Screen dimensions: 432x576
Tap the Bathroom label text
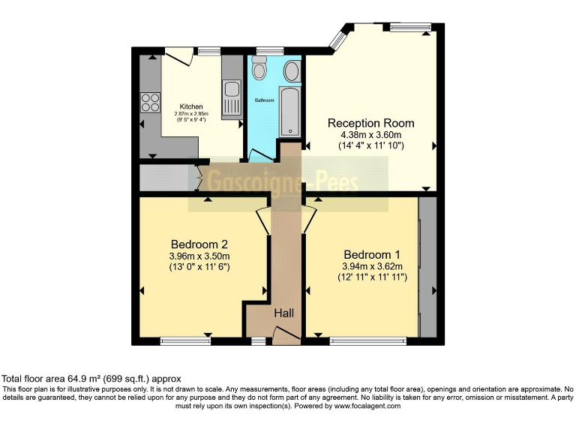pos(264,100)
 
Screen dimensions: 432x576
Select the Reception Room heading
pos(370,123)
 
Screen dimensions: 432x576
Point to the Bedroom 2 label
pos(199,244)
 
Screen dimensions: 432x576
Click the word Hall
pos(284,312)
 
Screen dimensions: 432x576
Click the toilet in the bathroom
pos(259,70)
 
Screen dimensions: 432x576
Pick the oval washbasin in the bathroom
pos(291,72)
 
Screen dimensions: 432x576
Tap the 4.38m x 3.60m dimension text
pos(370,135)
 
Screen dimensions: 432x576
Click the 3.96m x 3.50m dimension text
pos(199,256)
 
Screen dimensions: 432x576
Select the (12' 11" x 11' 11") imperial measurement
pos(371,277)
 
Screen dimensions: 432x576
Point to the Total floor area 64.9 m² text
pos(91,379)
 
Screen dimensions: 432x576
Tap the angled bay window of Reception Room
pos(340,36)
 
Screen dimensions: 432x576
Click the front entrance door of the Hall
pos(285,338)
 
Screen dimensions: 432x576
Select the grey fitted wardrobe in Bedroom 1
pos(427,267)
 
